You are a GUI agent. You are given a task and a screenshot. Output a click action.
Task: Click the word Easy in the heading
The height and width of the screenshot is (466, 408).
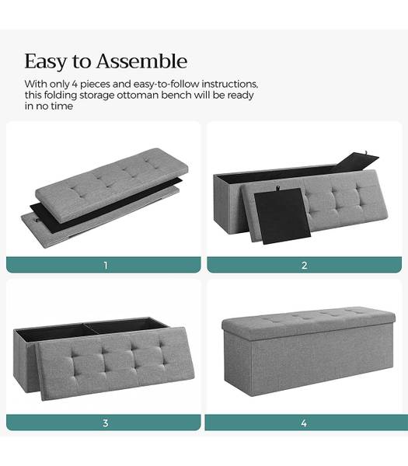pos(46,61)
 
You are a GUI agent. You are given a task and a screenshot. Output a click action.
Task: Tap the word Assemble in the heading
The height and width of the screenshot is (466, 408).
pos(142,61)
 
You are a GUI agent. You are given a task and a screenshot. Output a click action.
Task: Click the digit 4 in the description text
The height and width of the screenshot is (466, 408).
pos(75,84)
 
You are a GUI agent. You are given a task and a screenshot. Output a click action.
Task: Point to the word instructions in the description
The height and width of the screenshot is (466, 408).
pos(230,84)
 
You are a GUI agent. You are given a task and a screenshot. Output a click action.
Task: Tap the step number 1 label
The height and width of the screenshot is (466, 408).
pos(106,265)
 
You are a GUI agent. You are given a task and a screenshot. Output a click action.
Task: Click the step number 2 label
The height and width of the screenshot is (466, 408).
pos(304,265)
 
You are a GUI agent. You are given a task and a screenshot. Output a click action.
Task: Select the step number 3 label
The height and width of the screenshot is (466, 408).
pos(105,423)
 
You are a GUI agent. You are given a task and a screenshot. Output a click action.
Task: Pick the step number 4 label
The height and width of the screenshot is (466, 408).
pos(304,423)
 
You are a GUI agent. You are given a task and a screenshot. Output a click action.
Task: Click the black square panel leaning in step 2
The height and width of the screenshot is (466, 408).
pos(282,215)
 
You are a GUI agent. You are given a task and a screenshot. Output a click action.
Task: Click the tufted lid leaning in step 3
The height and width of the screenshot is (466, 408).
pos(117,363)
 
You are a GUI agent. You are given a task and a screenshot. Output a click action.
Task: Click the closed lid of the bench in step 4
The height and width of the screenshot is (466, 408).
pos(309,323)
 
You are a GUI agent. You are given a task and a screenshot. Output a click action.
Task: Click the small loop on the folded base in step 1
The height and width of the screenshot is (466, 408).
pos(36,220)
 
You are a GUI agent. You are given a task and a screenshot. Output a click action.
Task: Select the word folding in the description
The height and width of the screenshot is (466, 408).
pos(61,96)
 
